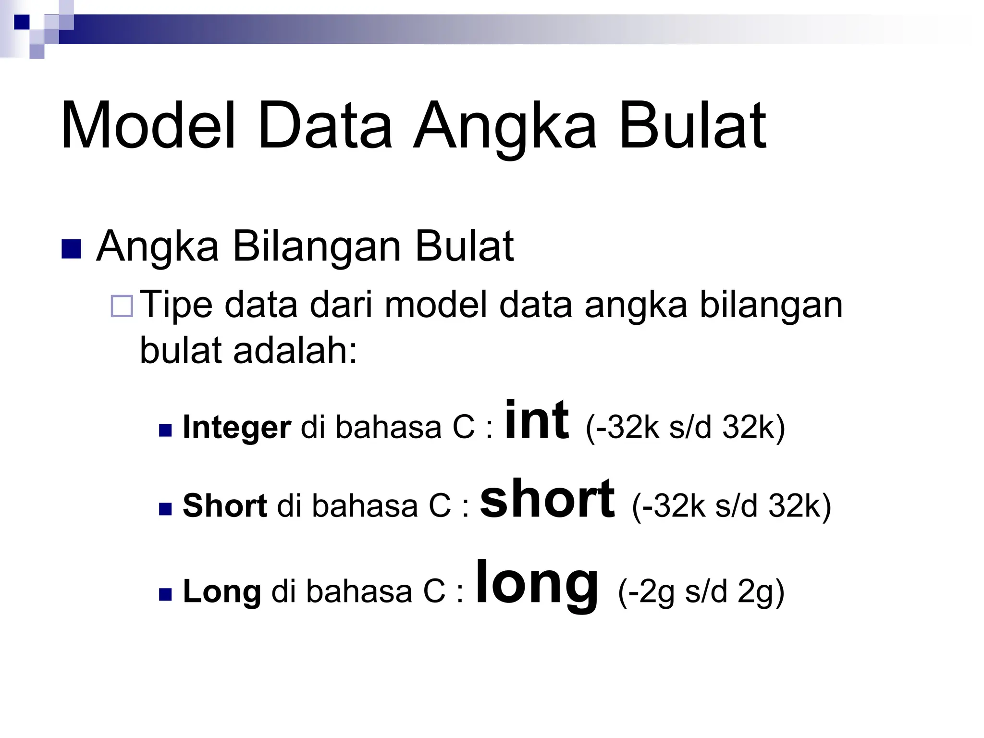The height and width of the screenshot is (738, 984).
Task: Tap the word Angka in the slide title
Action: [x=504, y=127]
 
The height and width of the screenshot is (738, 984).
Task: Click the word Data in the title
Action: [x=325, y=126]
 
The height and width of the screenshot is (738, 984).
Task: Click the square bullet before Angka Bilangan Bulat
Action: [x=71, y=248]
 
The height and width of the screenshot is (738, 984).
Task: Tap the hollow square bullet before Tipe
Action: [x=122, y=306]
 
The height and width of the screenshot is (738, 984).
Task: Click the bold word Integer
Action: [x=237, y=427]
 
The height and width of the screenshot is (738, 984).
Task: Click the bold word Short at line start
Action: [x=224, y=506]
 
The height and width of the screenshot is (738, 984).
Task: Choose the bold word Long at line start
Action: [x=222, y=591]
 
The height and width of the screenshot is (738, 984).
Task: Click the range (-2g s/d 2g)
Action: [x=701, y=591]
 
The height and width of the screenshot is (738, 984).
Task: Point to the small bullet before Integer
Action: [x=165, y=430]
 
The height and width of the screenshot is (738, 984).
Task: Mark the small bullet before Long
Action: [x=165, y=595]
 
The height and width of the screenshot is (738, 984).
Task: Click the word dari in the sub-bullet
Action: [x=341, y=305]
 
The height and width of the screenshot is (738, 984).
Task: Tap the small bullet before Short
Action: [x=165, y=509]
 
